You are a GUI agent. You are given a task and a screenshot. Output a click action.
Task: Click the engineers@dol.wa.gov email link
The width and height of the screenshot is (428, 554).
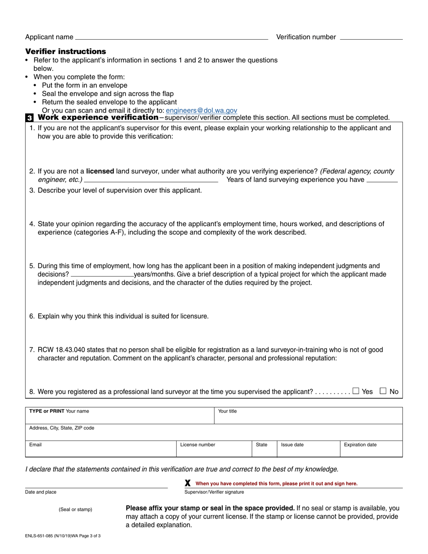201,110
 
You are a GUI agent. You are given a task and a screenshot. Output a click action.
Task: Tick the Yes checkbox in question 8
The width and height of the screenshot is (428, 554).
356,391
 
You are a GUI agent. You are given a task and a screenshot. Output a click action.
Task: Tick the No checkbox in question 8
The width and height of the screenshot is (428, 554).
383,391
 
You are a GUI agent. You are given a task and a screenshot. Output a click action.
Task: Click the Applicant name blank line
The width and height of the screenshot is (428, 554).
171,39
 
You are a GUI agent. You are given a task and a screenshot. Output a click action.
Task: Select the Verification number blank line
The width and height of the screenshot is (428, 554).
371,39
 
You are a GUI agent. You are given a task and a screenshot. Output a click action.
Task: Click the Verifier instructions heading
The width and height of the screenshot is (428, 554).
66,51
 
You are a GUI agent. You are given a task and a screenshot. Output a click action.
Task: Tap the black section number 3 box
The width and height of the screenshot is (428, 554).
29,118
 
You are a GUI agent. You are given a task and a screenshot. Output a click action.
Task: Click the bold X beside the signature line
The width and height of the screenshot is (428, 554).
188,483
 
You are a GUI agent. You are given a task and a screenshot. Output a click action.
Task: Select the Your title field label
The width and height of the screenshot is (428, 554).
228,411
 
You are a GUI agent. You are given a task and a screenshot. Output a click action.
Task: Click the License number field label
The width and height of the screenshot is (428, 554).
198,445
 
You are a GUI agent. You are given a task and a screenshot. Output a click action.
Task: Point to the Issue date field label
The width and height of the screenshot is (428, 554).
292,445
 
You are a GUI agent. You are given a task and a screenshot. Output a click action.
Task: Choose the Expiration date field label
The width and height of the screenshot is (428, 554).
360,445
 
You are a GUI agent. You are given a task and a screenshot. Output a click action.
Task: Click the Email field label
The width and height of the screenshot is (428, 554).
36,445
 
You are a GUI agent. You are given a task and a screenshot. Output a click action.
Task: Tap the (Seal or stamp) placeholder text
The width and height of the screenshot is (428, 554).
75,509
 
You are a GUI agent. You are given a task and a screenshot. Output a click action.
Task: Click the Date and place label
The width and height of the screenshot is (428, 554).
41,492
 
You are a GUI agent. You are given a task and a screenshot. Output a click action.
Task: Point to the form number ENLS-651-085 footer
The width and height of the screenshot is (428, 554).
63,536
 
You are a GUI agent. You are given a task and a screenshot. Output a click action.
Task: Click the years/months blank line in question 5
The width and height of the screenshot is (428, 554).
102,274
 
